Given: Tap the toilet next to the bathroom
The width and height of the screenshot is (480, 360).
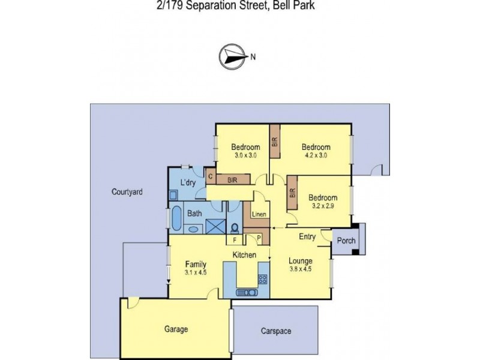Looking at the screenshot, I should point(235,226).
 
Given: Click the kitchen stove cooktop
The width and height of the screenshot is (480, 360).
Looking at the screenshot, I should point(262,278).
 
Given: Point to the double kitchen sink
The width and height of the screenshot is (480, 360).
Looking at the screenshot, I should point(247,293).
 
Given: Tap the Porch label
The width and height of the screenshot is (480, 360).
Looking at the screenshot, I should point(347,241).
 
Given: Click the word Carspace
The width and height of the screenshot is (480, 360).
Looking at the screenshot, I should point(275,330).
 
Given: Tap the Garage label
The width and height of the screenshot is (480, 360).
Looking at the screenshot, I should point(176,329).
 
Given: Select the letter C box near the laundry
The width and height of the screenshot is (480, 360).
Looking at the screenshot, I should point(211,176).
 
